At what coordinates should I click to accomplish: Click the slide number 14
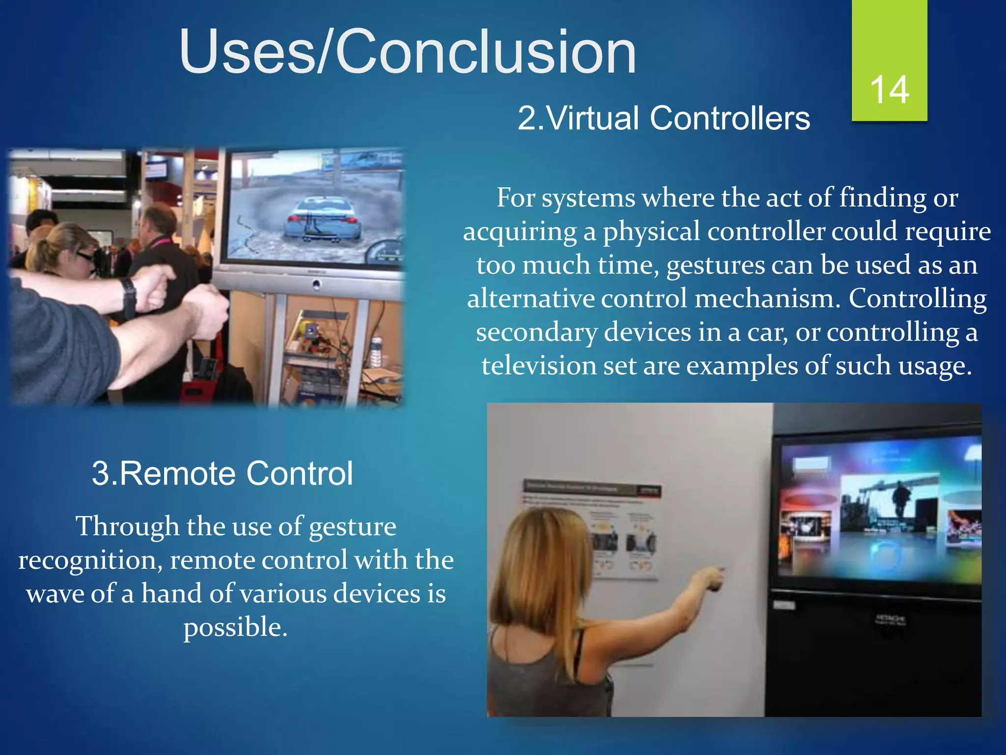889,90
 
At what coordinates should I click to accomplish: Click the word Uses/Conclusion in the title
408,52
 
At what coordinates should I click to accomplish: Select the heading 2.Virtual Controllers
664,118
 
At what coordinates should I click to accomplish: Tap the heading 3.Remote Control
222,473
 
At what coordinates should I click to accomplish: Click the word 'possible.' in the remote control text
235,627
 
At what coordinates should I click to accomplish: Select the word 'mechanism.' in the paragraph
767,299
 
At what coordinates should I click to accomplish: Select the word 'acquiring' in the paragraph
520,232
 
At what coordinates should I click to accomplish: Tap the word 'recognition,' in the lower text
90,560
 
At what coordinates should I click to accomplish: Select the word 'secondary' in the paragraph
536,332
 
